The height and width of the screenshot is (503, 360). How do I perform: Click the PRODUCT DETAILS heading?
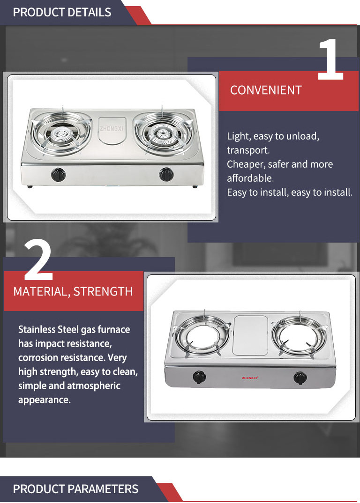(x=62, y=12)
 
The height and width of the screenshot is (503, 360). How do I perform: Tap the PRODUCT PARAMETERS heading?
(x=75, y=489)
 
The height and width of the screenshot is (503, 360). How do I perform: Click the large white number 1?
(x=330, y=59)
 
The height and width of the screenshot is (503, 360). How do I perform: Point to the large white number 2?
(x=38, y=260)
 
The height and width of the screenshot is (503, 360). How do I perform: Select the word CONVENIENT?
(x=266, y=90)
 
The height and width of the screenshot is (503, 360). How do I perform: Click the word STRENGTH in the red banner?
(x=103, y=291)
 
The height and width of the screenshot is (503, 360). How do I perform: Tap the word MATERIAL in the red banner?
(x=42, y=292)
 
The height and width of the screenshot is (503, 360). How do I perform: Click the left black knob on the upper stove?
(x=58, y=174)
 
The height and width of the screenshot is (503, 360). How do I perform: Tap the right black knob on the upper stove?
(x=166, y=174)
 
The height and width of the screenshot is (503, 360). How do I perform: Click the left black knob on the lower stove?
(x=199, y=377)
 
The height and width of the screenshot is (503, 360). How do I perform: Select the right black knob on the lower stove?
(x=300, y=378)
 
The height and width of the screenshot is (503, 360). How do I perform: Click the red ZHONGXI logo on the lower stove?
(x=250, y=378)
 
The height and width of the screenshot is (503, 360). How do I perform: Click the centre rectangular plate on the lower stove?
(x=250, y=336)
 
